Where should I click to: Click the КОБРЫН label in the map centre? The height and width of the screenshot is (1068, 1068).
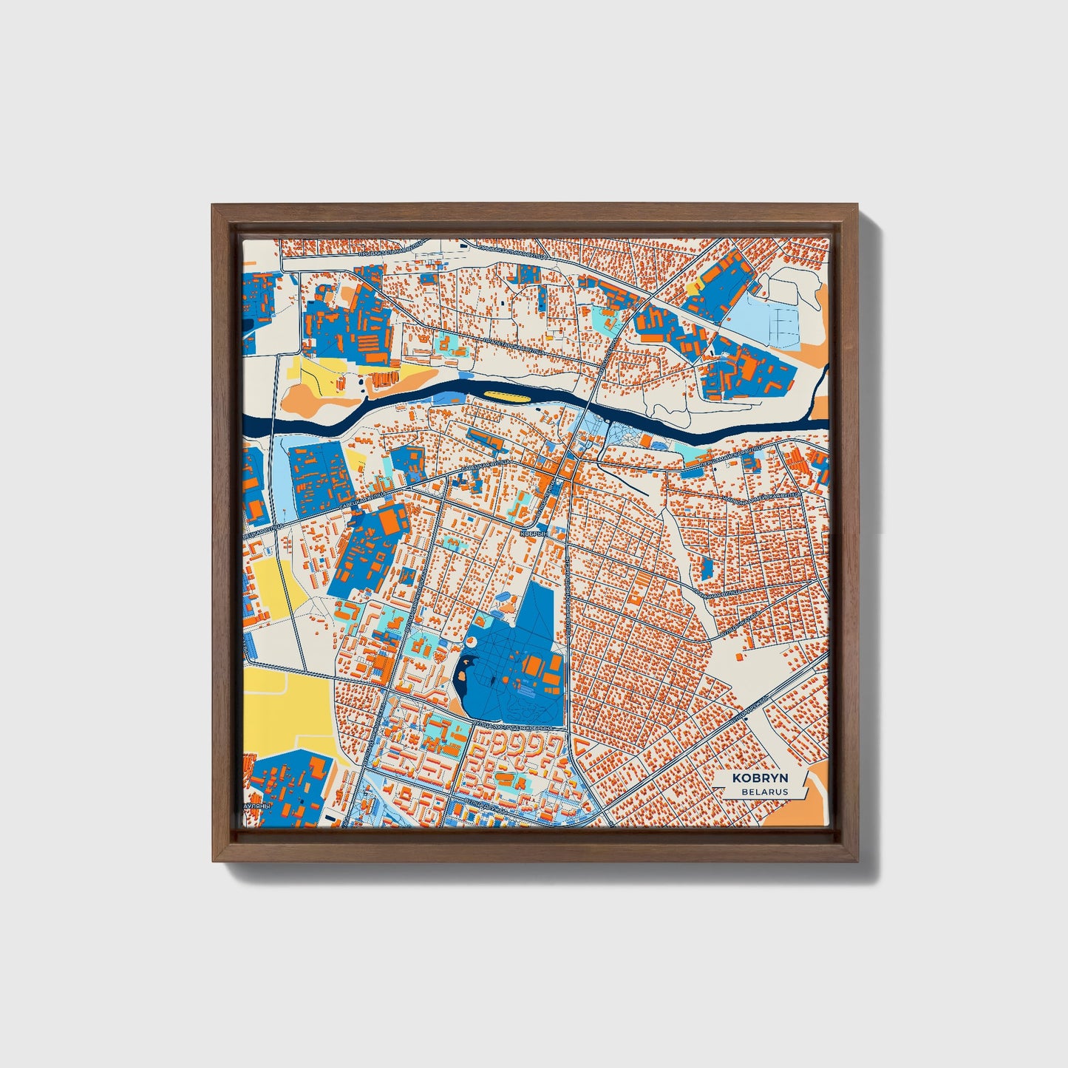tap(534, 532)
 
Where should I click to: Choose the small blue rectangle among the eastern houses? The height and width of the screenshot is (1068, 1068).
tap(706, 569)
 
